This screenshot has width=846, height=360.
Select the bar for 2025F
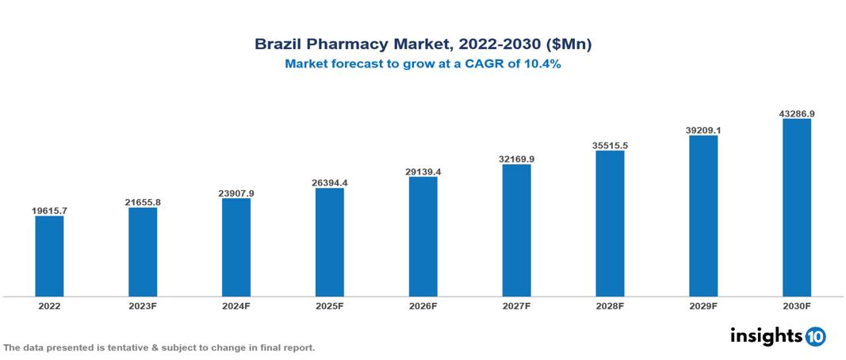(x=329, y=242)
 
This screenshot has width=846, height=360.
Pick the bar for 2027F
(x=516, y=230)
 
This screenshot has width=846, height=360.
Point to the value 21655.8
(x=143, y=202)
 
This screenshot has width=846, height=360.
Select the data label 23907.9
(x=236, y=193)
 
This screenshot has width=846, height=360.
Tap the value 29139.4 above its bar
(x=423, y=171)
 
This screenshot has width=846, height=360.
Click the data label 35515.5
(x=610, y=145)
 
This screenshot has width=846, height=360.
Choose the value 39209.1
(x=703, y=130)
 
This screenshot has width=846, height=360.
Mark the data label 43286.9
(x=797, y=113)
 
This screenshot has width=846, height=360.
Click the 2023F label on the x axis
(x=143, y=305)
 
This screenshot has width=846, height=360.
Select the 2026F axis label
(x=423, y=305)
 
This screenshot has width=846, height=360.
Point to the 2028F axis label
(x=610, y=305)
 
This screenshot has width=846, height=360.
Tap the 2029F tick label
(x=703, y=305)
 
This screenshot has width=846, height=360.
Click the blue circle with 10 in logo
(x=815, y=336)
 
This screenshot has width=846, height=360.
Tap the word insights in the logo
(x=765, y=335)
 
